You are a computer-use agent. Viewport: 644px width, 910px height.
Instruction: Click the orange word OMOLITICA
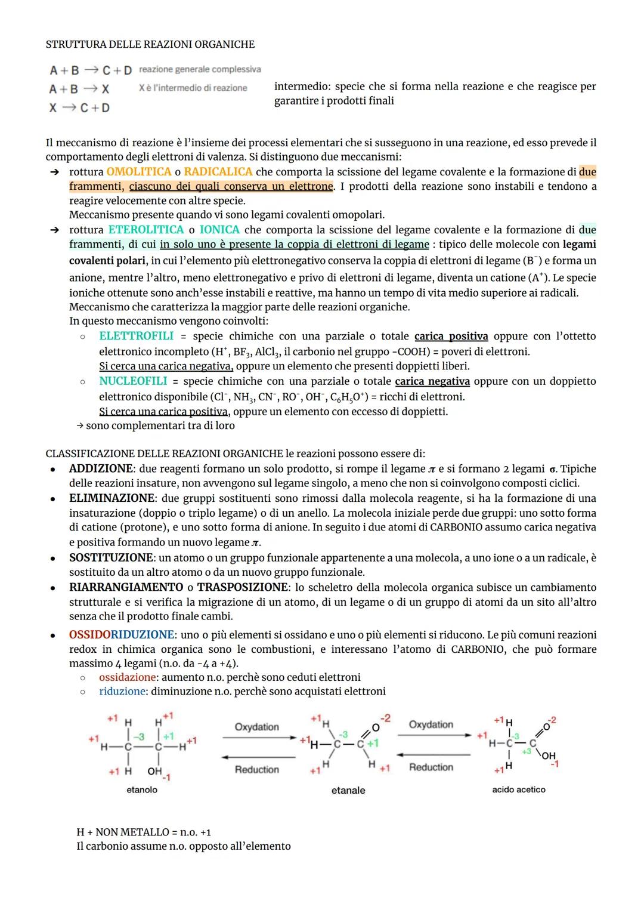138,172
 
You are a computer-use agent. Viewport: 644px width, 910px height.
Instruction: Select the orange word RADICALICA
218,172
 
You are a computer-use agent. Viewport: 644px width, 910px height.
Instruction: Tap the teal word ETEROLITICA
145,230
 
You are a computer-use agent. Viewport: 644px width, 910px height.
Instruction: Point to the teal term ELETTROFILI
136,336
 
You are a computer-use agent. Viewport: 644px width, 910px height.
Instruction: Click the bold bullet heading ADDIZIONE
101,469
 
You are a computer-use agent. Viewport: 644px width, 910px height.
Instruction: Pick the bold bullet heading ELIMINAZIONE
112,498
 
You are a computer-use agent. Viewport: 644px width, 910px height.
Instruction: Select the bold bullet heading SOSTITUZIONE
111,558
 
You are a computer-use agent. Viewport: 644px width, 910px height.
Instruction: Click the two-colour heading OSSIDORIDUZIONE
122,634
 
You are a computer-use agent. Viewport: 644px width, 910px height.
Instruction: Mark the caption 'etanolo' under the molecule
142,789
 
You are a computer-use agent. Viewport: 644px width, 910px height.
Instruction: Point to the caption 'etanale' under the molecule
348,790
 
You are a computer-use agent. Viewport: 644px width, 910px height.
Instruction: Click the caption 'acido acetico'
518,789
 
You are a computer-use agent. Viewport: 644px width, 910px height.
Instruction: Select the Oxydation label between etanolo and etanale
256,727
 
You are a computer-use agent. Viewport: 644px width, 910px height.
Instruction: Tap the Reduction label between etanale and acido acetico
431,767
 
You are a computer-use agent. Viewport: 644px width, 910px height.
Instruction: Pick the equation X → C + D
79,108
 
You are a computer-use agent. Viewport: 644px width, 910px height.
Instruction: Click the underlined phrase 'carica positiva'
451,336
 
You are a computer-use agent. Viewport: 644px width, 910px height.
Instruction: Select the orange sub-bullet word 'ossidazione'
127,677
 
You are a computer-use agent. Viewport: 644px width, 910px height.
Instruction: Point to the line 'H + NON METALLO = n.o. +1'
144,832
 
